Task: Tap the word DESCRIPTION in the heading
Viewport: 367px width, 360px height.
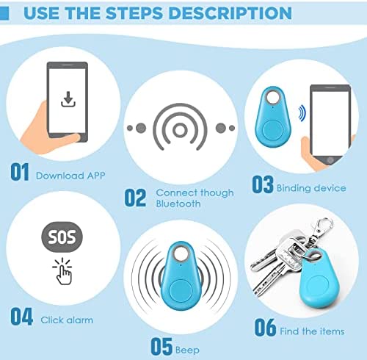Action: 230,13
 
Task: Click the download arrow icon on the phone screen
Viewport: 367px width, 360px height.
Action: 68,99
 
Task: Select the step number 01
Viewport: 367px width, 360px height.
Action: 20,172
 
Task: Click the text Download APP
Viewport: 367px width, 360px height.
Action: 70,176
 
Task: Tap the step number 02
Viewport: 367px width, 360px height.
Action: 135,198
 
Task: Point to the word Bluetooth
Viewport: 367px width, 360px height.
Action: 178,204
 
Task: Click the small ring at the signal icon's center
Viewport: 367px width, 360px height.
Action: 180,130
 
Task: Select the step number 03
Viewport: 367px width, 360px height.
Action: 263,184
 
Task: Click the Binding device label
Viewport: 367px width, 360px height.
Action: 311,188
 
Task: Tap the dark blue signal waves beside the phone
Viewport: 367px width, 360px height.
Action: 302,113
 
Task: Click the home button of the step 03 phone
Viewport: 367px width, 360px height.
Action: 330,161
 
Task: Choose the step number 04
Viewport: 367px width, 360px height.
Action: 21,317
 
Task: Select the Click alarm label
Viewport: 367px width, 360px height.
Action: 67,320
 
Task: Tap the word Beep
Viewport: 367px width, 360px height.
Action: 187,350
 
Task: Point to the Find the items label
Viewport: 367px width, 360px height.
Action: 312,331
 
